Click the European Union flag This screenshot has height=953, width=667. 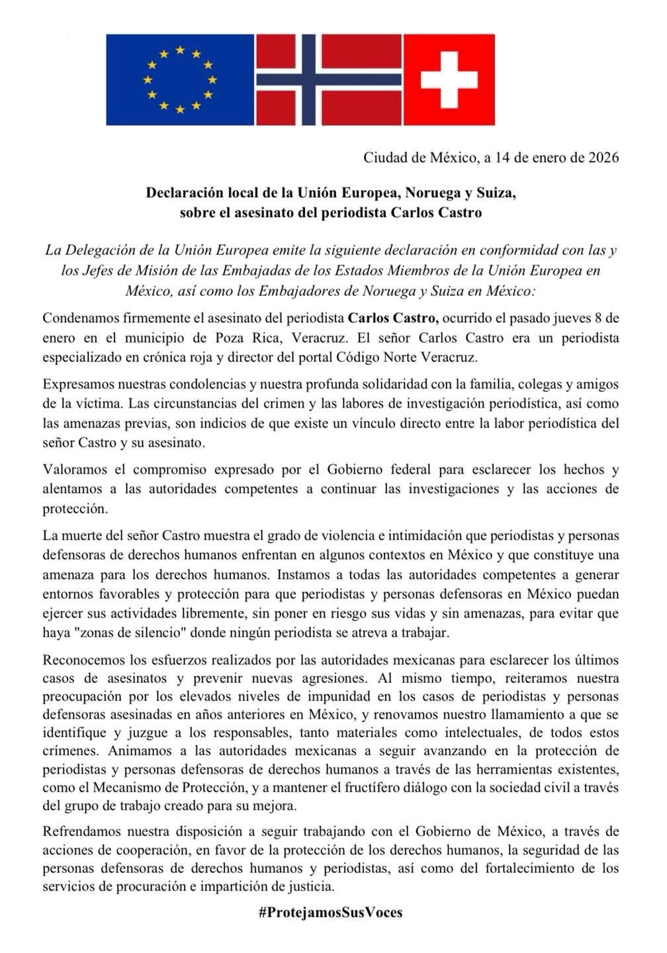click(x=179, y=79)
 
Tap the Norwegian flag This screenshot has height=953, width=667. click(x=329, y=79)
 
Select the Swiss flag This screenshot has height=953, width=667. click(x=449, y=79)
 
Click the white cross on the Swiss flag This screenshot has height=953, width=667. click(x=449, y=79)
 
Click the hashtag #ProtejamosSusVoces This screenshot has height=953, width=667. click(x=330, y=912)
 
